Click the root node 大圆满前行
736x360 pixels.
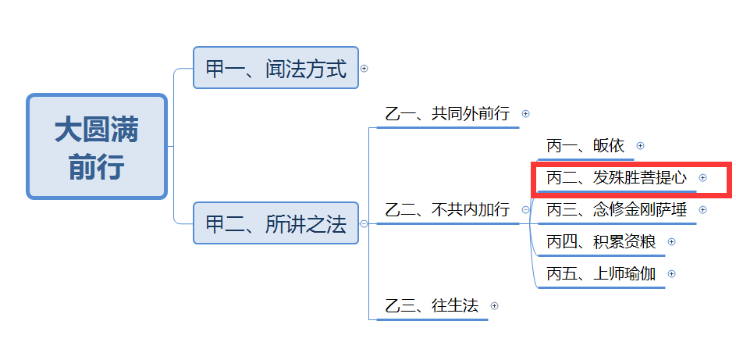97,147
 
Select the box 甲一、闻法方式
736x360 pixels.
276,68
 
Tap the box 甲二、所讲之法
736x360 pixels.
276,223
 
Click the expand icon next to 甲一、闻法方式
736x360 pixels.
364,68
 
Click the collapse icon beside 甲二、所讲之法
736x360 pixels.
364,223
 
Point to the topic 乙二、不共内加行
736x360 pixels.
447,209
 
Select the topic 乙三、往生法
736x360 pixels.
432,305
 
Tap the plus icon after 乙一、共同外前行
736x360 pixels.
525,114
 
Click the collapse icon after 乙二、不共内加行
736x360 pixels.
524,209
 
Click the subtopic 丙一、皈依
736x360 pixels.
585,146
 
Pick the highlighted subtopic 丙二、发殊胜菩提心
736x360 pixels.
617,178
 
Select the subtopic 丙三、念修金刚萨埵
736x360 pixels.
617,210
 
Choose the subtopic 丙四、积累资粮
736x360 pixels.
601,242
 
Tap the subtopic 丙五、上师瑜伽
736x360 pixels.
601,274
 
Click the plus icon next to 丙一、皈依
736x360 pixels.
641,146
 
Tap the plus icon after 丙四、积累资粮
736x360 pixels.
672,242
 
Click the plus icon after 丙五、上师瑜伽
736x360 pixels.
672,274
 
